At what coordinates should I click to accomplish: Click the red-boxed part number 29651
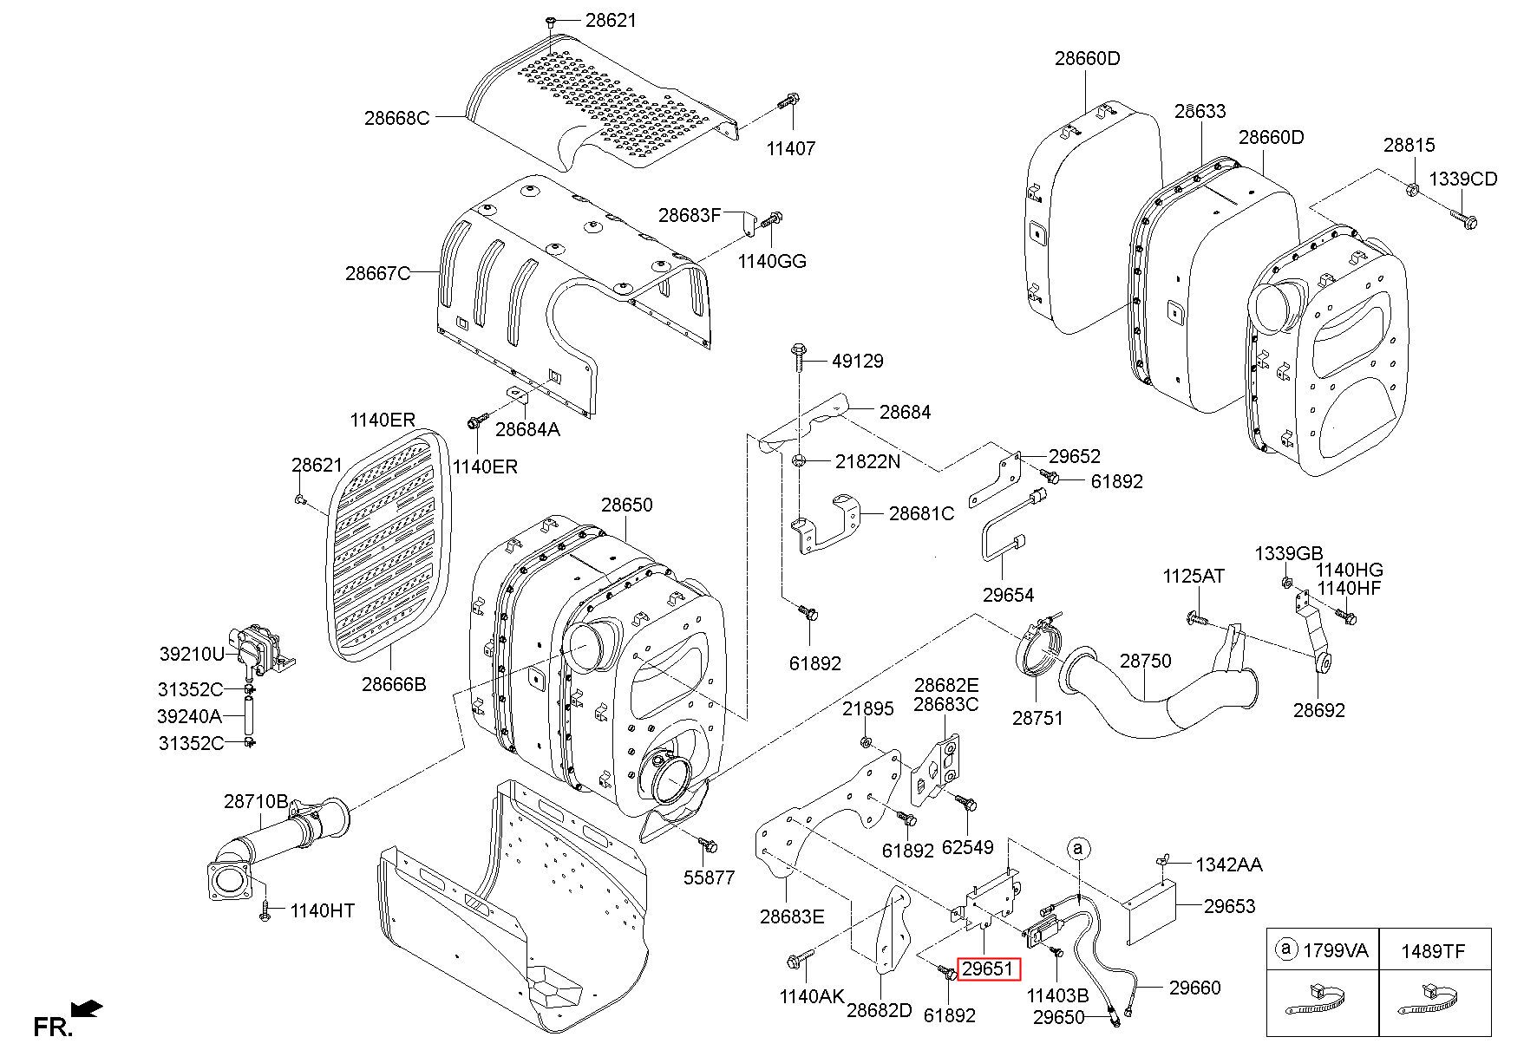[989, 968]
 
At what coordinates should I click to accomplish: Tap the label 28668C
[396, 118]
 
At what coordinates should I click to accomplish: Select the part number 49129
[858, 361]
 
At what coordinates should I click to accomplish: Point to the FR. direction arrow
[87, 1009]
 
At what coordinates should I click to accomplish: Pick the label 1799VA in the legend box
[1336, 950]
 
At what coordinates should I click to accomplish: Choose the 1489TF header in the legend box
[1433, 950]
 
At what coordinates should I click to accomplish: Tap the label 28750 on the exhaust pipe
[1145, 661]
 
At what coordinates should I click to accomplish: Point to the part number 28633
[1200, 111]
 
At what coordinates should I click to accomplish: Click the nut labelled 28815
[1412, 186]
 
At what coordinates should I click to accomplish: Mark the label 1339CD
[1463, 179]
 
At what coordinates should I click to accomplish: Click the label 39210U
[192, 653]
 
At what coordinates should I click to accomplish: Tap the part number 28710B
[257, 801]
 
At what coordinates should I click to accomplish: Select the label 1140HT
[323, 910]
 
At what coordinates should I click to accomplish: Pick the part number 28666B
[395, 684]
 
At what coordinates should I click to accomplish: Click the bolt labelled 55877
[708, 844]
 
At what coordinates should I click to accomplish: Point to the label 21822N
[867, 461]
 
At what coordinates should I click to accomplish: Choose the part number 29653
[1229, 905]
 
